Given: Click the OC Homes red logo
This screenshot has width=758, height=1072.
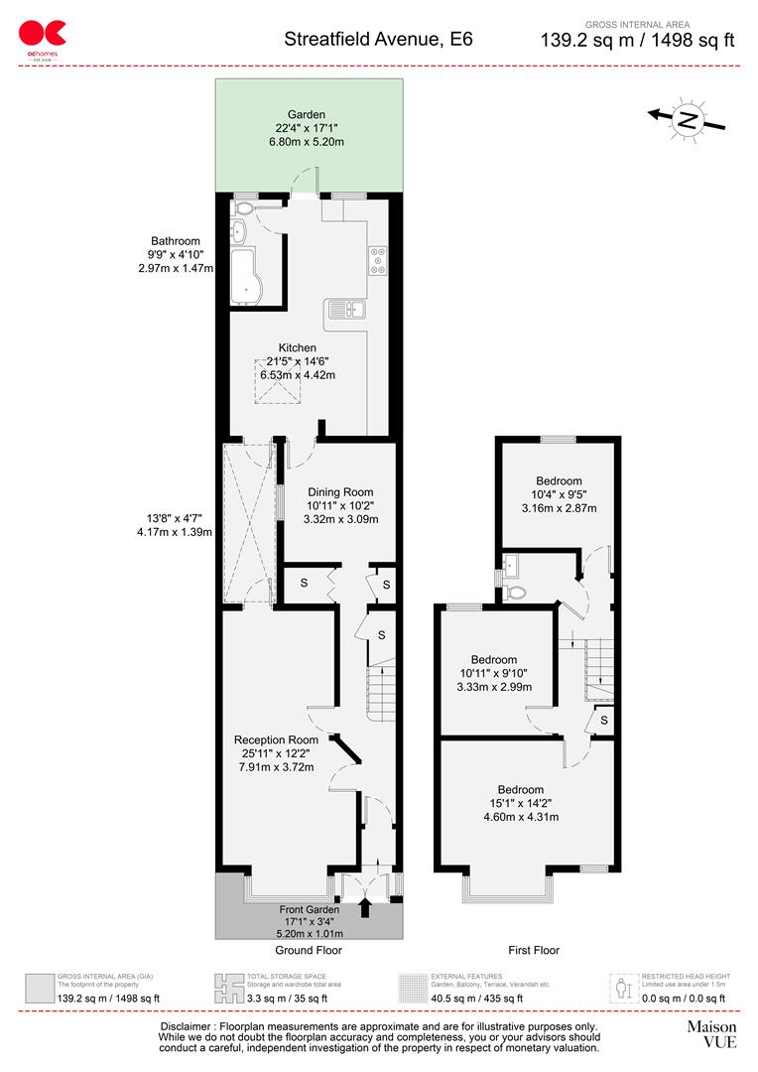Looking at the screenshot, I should pos(36,37).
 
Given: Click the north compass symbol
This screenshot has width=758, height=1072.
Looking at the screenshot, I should pos(686,120).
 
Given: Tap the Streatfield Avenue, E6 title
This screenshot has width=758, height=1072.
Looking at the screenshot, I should pos(378,40).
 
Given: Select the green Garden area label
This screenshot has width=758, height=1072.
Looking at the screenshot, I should pos(307,128).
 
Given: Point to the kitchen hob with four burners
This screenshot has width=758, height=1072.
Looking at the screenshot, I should pos(377,259).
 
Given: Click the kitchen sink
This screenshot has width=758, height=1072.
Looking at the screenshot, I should pos(344,310).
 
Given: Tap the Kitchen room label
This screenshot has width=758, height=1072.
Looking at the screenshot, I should pos(297,347).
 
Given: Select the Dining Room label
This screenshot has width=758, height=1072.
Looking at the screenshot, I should pos(340,492).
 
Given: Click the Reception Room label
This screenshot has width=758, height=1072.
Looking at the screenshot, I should pos(276,739).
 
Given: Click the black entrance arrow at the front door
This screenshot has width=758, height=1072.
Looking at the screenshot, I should pos(366,905).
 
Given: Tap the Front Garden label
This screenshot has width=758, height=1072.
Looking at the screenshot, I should pos(309,909).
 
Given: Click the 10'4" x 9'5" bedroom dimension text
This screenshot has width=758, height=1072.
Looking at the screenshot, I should pos(560,495).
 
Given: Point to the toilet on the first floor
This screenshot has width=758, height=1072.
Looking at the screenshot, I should pos(513,593).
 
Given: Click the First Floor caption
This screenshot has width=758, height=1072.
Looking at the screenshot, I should pos(534,950).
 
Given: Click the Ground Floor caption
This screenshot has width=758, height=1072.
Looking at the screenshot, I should pos(309,950).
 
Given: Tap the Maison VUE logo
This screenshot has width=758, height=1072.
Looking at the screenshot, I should pos(711,1033).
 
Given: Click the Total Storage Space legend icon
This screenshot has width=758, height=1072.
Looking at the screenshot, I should pos(229,988).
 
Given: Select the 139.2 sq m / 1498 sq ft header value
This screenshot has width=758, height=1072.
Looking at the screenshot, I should pos(637,41).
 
